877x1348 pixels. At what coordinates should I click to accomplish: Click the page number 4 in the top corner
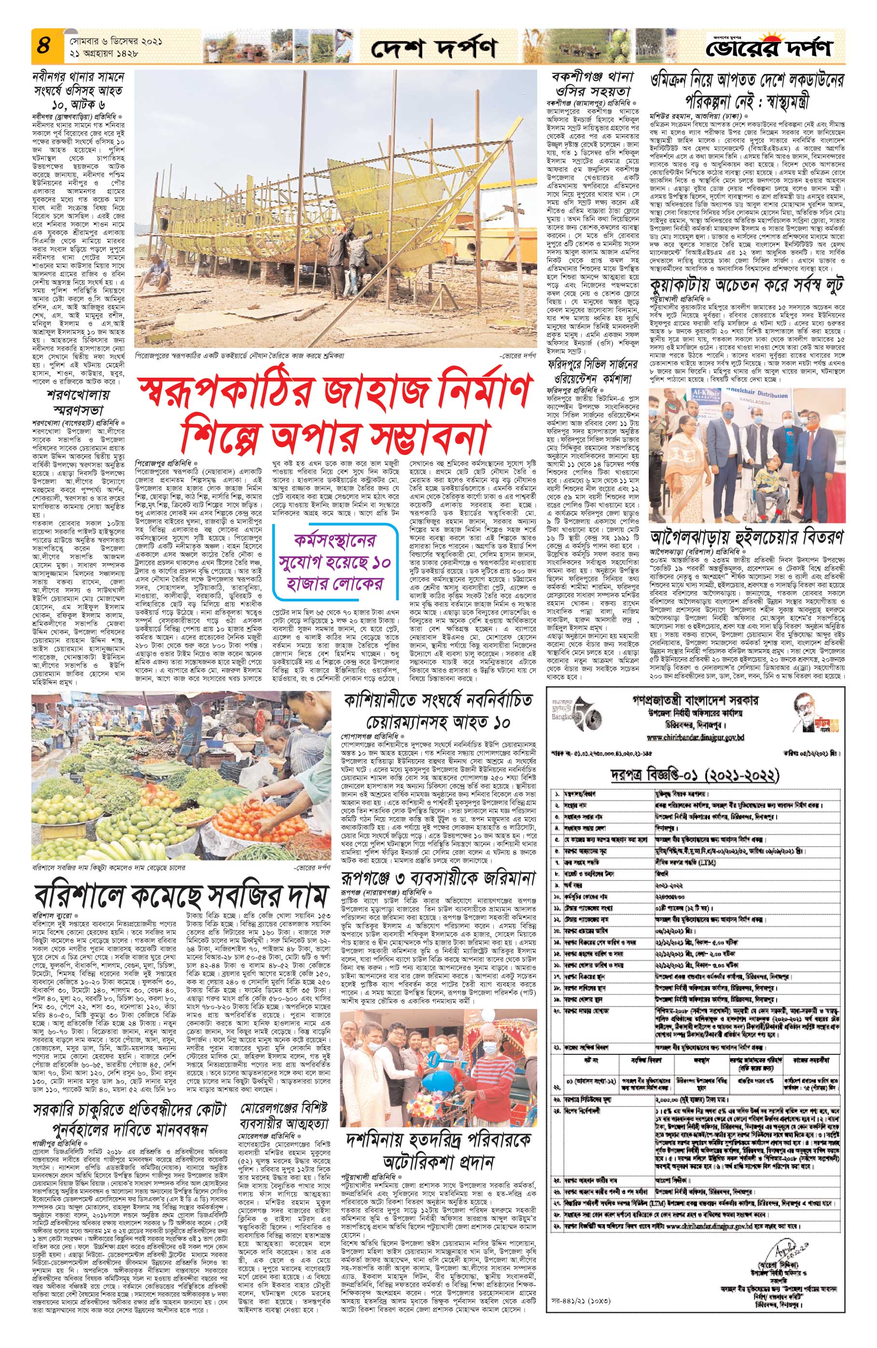pos(43,45)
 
